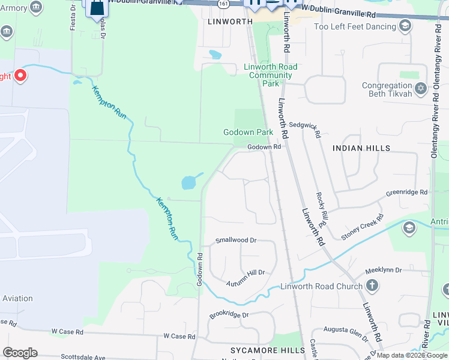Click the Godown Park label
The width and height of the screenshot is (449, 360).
click(248, 132)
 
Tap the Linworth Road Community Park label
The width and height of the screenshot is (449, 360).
click(270, 75)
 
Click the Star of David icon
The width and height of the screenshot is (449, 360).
click(421, 88)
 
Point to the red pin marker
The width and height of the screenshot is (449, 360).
click(20, 76)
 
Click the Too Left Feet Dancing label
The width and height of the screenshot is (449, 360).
click(355, 26)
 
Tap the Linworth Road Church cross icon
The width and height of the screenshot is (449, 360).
click(372, 286)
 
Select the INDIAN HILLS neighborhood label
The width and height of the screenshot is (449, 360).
click(361, 148)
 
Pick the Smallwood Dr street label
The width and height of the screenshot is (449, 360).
click(236, 240)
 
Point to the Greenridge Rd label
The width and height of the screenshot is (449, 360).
click(407, 193)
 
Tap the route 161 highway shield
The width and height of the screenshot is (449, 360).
click(223, 4)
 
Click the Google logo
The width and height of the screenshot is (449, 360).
click(20, 353)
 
